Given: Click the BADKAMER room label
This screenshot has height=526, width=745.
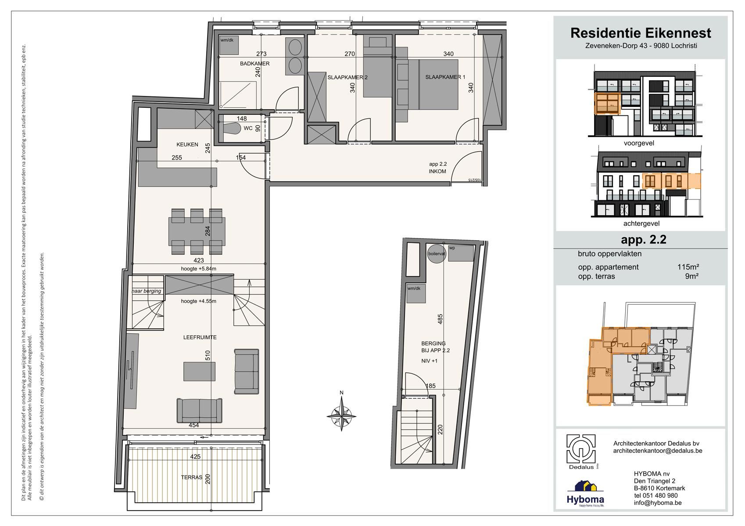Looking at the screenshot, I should [x=254, y=64].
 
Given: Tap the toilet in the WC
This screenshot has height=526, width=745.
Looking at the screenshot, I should [x=231, y=128].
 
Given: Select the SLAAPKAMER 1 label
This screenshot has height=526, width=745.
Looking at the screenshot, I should [x=445, y=77].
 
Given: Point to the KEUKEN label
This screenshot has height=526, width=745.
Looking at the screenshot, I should [x=187, y=145].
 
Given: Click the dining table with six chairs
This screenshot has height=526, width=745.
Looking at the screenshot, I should [x=197, y=231].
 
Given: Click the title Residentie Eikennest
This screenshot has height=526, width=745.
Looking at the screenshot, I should [x=641, y=33].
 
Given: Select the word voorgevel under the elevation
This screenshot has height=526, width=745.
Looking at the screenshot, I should [x=639, y=143].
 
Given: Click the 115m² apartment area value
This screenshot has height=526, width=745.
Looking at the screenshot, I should [x=688, y=267].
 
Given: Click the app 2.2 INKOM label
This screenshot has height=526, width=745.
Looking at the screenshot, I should [x=437, y=167].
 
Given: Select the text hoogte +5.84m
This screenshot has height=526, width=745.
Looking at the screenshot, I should [x=198, y=269].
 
